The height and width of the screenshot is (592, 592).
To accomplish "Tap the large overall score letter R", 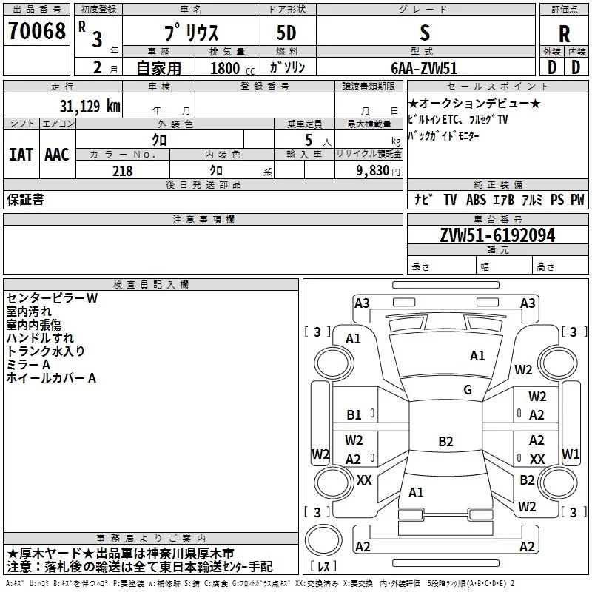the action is [564, 33].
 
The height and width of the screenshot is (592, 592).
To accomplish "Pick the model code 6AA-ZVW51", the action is [424, 68].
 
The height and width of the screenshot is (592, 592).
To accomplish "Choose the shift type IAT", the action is [21, 155].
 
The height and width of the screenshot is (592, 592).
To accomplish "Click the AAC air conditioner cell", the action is [56, 155].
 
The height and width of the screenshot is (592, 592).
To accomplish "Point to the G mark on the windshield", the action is [468, 390].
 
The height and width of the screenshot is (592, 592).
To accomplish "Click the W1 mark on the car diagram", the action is [571, 453].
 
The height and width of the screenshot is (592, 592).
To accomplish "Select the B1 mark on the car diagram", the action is [354, 415].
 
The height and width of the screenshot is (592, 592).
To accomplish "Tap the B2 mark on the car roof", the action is [445, 442].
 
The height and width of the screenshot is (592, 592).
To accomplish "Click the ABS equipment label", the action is [477, 200].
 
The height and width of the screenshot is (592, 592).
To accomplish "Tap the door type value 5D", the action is [288, 33].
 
